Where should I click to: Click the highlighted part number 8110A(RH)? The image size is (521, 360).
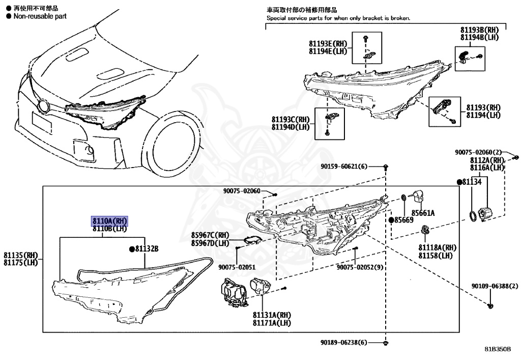click(109, 221)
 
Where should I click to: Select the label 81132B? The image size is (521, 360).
click(147, 249)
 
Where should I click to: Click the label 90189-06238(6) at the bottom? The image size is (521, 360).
click(344, 343)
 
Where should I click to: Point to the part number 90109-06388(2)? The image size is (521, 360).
click(489, 287)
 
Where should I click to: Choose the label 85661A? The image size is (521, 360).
click(426, 213)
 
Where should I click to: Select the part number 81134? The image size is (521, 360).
click(472, 182)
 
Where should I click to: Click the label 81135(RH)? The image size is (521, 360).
click(21, 255)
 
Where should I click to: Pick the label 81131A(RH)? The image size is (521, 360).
click(270, 315)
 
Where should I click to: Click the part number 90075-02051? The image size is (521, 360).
click(237, 267)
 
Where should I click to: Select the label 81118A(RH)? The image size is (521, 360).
click(437, 247)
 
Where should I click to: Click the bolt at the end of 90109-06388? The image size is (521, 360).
click(490, 306)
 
